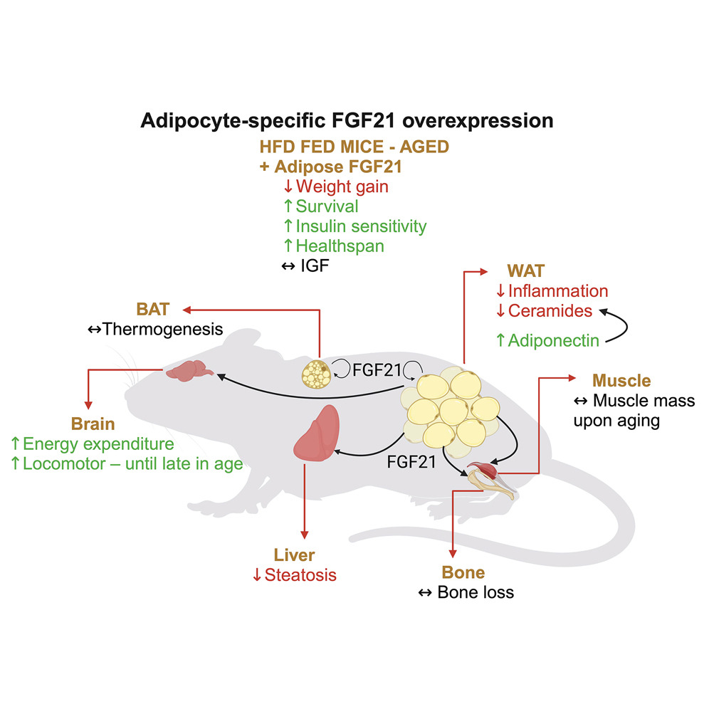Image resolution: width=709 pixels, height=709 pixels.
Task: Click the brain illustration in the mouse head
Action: (187, 371)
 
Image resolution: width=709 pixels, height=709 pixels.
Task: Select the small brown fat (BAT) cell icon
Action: (317, 372)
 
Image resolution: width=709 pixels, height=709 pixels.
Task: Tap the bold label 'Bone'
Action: (463, 572)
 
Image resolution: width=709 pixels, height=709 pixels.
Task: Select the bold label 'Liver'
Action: (294, 555)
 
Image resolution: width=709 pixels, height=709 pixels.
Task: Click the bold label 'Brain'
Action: (93, 424)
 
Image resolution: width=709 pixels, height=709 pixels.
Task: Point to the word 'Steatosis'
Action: (300, 574)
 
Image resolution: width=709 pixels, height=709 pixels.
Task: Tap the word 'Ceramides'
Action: (551, 310)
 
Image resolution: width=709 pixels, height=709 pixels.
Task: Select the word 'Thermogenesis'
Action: (163, 329)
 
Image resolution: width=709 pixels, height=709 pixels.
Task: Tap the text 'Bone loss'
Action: (476, 592)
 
